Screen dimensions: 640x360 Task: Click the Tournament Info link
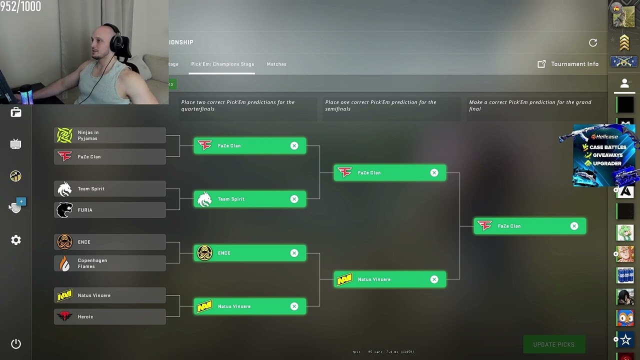point(568,64)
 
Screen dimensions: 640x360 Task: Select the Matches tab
point(276,64)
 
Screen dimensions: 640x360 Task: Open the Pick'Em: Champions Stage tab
point(222,64)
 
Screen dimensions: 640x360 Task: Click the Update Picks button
point(553,344)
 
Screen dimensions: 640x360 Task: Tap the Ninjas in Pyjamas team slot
point(110,135)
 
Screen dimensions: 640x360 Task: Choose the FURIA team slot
point(110,210)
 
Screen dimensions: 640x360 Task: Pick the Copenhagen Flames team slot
point(110,263)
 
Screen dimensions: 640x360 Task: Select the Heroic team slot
point(110,316)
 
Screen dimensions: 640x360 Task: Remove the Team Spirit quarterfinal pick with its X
point(294,199)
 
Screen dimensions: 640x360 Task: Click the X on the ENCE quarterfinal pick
point(294,253)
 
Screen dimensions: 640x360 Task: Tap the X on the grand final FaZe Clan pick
point(574,226)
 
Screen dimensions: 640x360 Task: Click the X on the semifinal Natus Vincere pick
point(434,279)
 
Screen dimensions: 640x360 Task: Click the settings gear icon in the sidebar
point(16,240)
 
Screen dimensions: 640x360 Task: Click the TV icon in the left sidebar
point(16,144)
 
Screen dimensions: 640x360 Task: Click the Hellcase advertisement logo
point(604,136)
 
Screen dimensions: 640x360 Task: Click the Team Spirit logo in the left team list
point(64,189)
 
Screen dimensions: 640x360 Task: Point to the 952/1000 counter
point(20,6)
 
